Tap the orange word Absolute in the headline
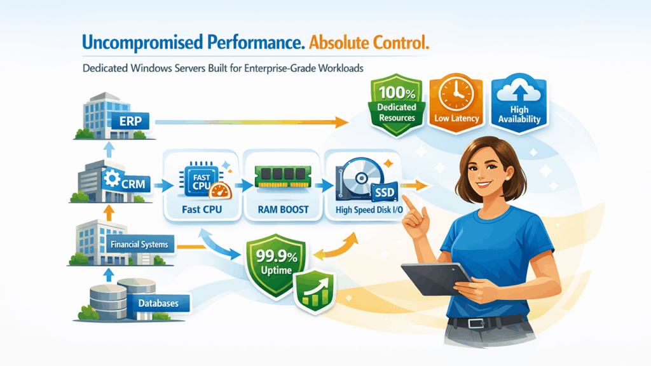(338, 43)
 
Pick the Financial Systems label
(139, 244)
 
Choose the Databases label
(158, 303)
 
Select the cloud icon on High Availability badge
(519, 93)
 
